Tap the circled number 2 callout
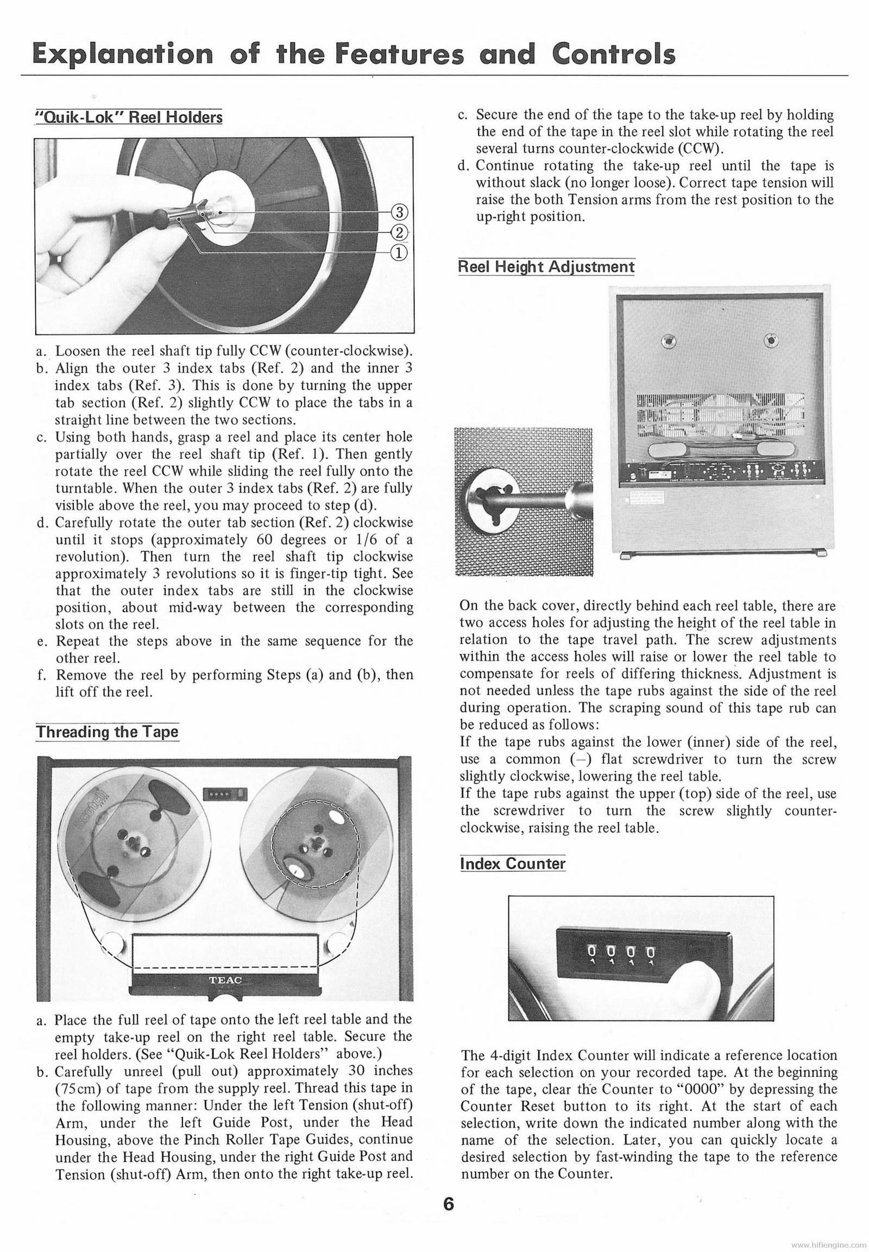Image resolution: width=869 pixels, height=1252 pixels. (x=399, y=232)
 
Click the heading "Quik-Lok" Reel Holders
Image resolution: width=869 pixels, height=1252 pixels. (x=129, y=117)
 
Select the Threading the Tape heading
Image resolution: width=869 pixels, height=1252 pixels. (x=107, y=732)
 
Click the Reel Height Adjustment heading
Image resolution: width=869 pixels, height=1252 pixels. (x=546, y=267)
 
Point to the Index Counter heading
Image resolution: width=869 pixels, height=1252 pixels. (x=512, y=864)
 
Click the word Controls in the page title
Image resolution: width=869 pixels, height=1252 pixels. (x=613, y=54)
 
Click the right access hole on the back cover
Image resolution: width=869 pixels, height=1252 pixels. (x=771, y=342)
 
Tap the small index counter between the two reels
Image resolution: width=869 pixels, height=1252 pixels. (x=224, y=795)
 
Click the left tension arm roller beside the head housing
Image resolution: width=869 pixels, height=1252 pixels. (x=113, y=943)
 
